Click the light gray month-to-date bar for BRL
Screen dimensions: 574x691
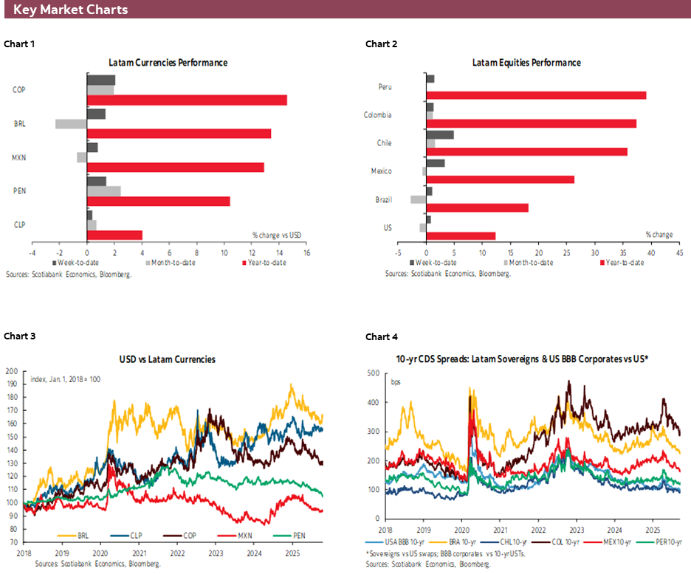point(71,124)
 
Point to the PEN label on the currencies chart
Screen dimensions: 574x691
point(20,191)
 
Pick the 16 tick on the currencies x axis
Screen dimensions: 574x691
point(306,253)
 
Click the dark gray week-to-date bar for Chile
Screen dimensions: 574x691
point(440,135)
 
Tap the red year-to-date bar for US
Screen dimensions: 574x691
point(461,236)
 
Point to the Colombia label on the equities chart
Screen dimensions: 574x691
point(377,115)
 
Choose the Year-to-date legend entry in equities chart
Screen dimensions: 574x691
point(626,263)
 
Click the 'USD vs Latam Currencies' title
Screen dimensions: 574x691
point(168,359)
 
